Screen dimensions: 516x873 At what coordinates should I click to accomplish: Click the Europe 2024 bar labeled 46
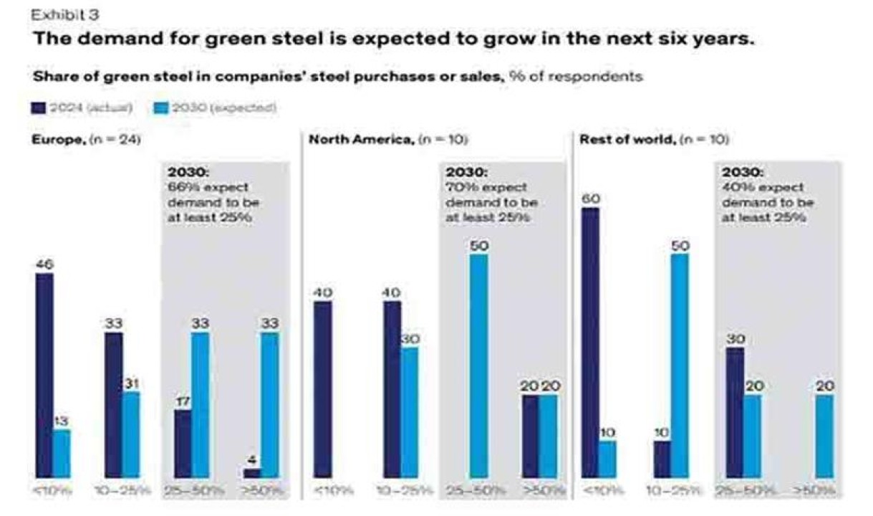tap(44, 375)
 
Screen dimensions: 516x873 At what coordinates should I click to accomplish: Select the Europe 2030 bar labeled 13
tap(62, 453)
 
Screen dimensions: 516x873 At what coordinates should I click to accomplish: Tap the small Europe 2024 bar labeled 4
tap(252, 473)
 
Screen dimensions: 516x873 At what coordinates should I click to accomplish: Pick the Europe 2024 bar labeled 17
tap(183, 443)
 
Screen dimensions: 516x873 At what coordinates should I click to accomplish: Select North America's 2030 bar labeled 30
tap(410, 412)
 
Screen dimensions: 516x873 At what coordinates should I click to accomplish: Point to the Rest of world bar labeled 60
tap(590, 343)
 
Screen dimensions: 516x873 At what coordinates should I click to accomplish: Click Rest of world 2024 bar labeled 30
tap(735, 412)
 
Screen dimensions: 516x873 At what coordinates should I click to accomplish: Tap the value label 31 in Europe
tap(131, 383)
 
